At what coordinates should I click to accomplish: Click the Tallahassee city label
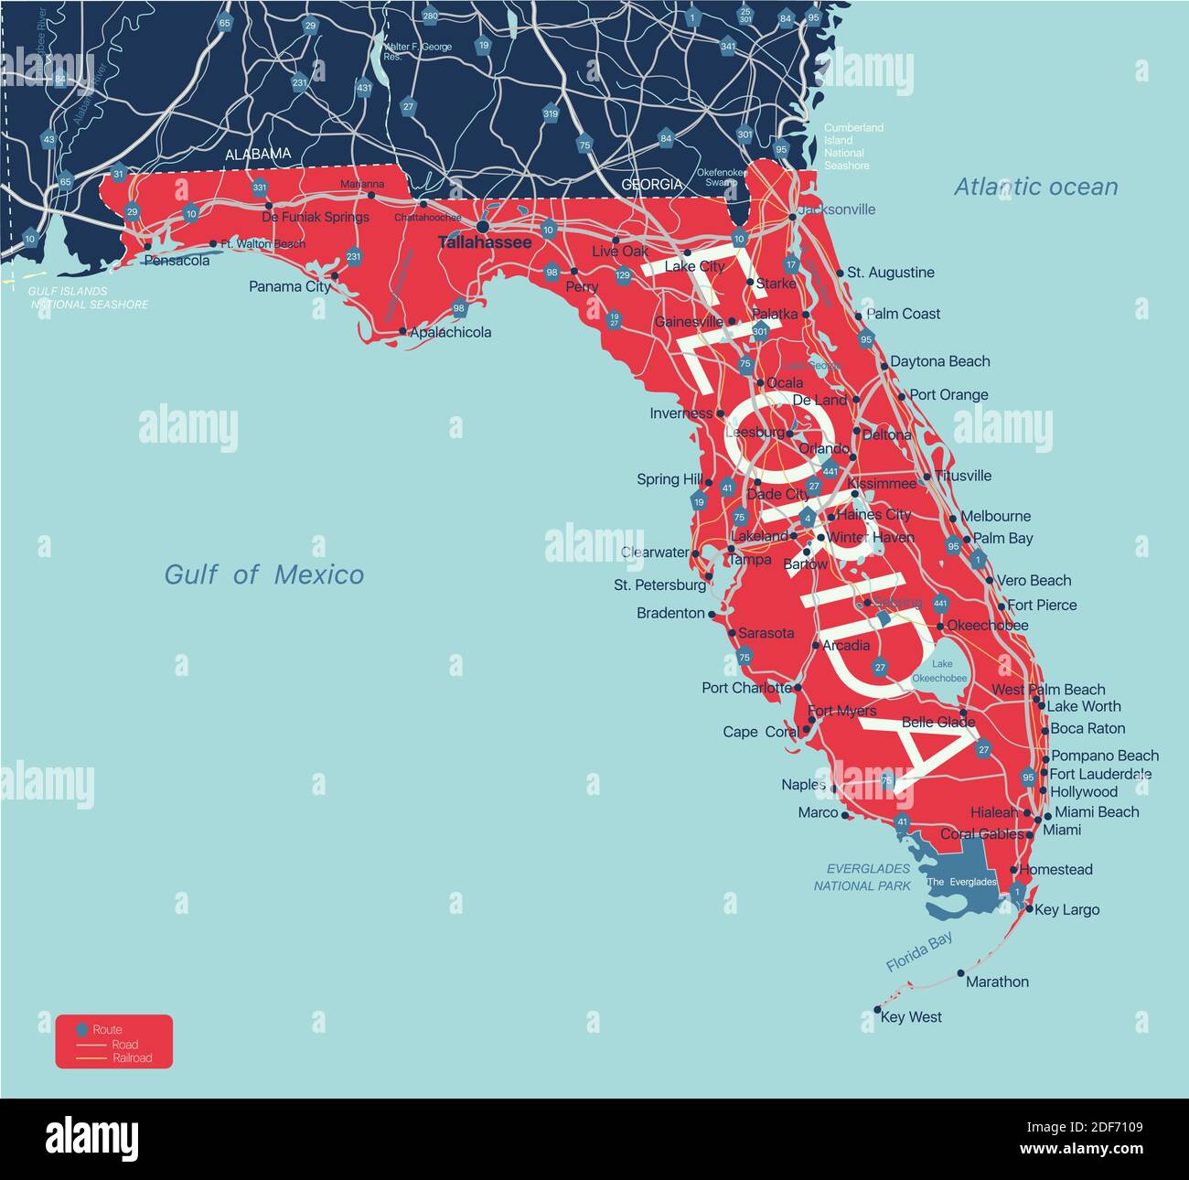point(484,242)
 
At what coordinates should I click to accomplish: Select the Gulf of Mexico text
point(263,574)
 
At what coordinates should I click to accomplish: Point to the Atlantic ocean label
point(1035,187)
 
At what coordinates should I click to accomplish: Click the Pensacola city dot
point(147,246)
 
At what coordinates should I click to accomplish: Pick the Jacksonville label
point(836,209)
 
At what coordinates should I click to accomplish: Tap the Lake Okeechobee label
point(939,671)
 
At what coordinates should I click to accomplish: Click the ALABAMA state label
point(258,155)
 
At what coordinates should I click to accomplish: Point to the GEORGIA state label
point(651,184)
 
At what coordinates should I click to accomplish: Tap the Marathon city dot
point(960,973)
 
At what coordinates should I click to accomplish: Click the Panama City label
point(290,286)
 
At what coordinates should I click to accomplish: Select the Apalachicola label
point(450,332)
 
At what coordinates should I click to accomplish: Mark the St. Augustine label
point(890,273)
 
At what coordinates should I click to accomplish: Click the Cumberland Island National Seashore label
point(852,146)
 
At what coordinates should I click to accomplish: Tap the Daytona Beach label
point(939,361)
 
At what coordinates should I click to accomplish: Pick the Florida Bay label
point(919,951)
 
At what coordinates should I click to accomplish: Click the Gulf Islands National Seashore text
point(88,297)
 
